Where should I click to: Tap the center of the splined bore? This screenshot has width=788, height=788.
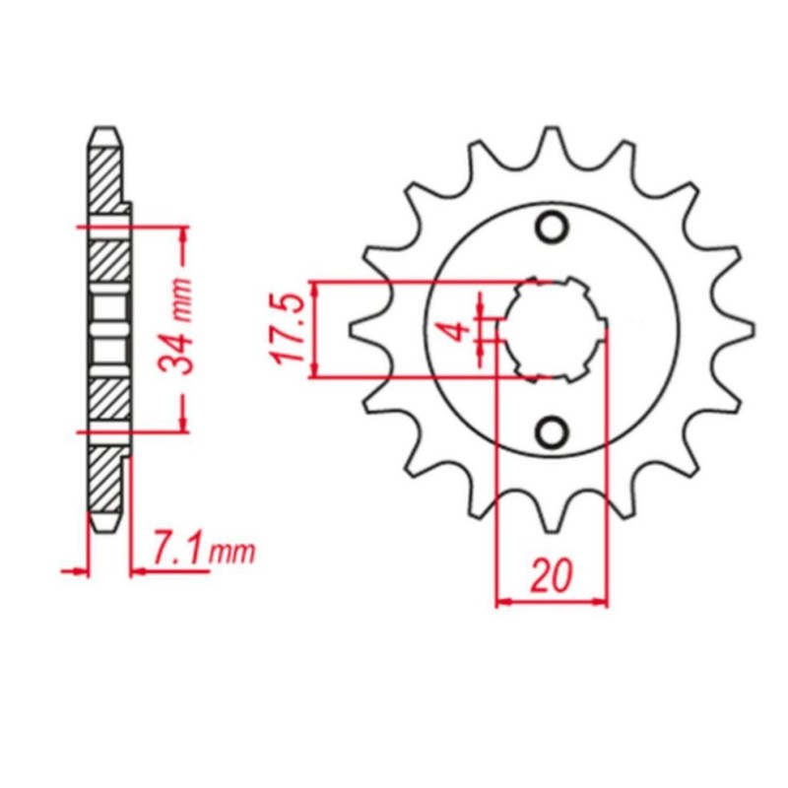[x=553, y=329]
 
